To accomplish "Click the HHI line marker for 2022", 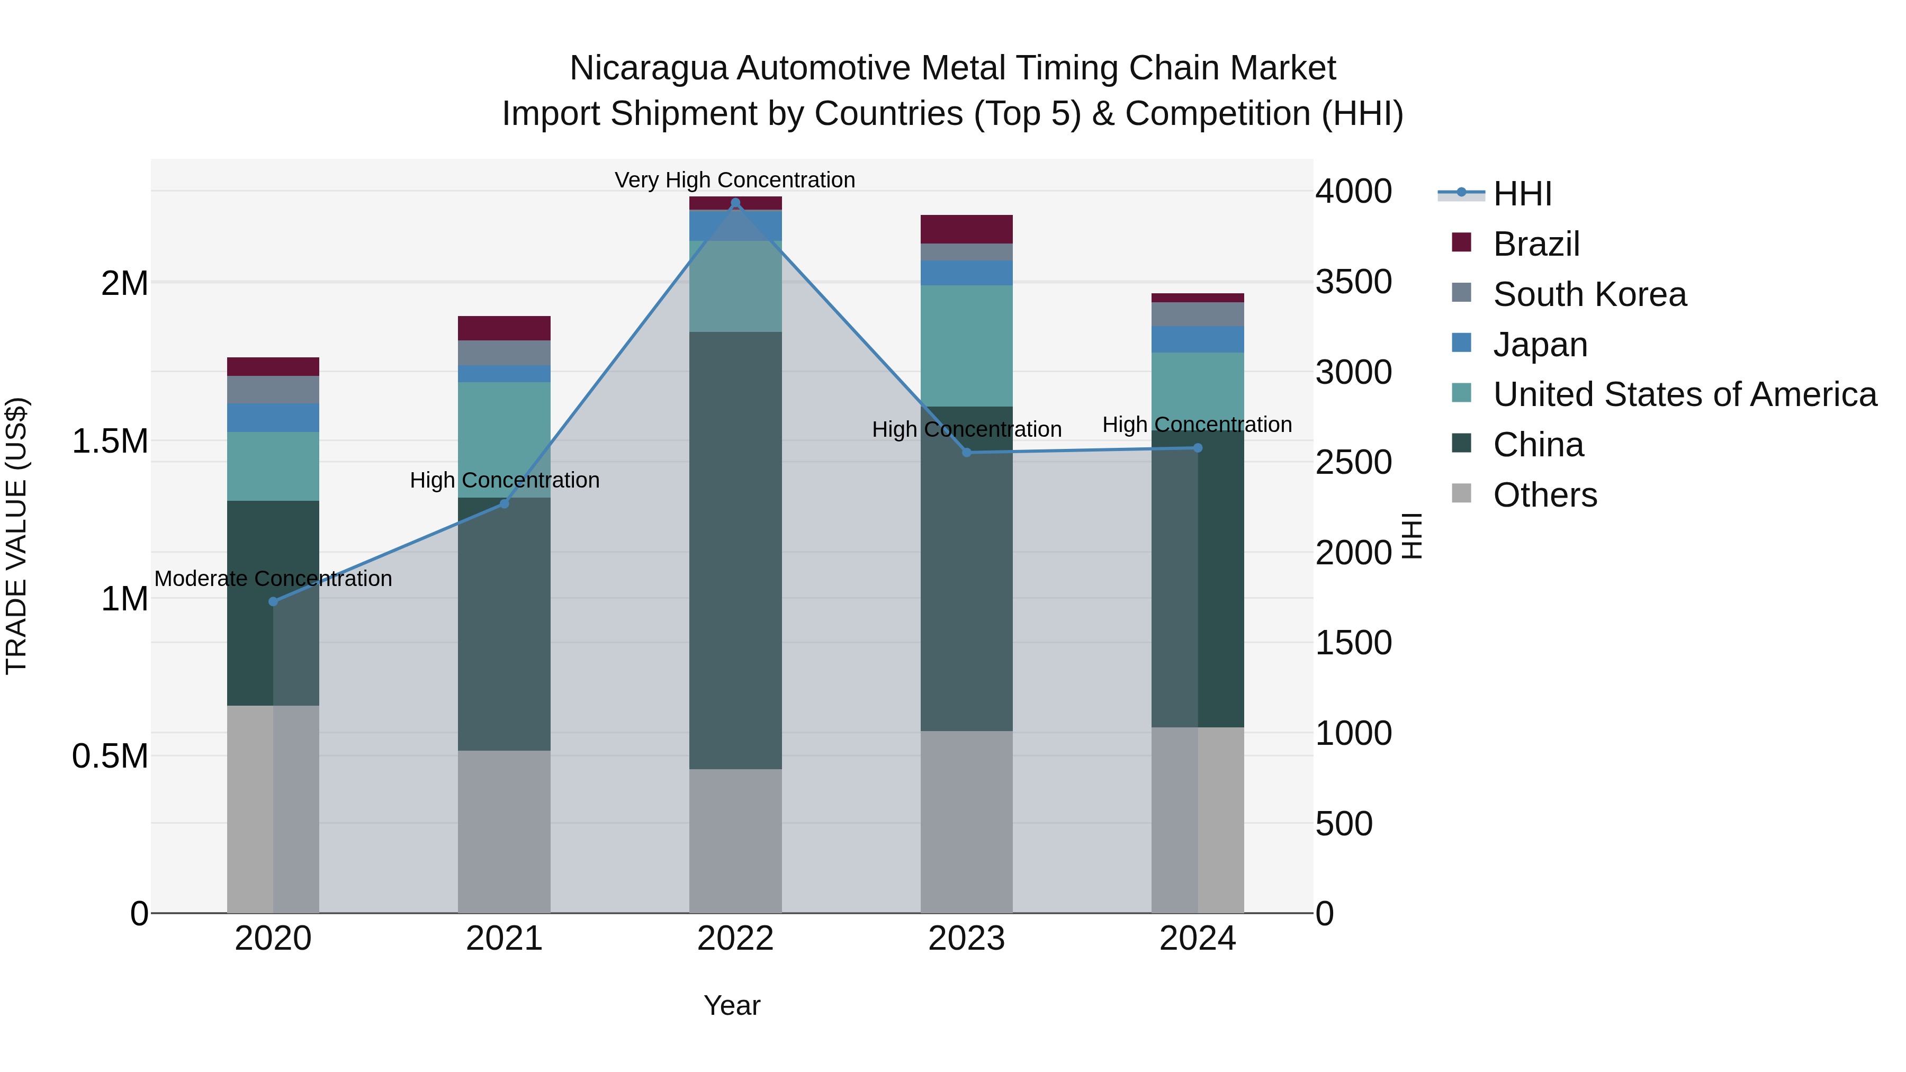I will coord(735,203).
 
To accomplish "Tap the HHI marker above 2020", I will coord(273,601).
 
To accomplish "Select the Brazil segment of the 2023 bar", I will coord(966,229).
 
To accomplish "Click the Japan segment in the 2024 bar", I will coord(1197,339).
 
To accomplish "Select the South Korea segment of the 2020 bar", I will coord(273,390).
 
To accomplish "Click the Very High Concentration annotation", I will coord(735,180).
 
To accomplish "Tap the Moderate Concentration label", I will coord(273,579).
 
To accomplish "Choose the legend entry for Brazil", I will coord(1536,244).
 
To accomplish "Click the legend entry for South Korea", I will coord(1589,294).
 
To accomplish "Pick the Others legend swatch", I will coord(1461,493).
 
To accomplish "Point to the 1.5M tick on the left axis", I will coord(110,442).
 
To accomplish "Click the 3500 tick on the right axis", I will coord(1353,282).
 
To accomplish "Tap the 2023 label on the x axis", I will coord(966,939).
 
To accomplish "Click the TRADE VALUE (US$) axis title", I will coord(16,536).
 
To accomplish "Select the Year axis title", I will coord(732,1005).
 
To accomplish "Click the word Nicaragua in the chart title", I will coord(648,68).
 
